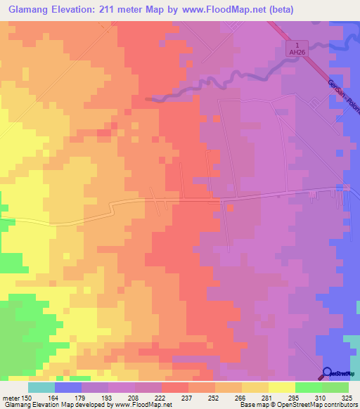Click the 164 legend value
(x=54, y=397)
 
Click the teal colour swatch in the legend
(x=41, y=387)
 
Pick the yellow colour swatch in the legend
(x=281, y=387)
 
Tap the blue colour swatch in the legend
(x=67, y=387)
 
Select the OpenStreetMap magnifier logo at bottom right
(x=327, y=372)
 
